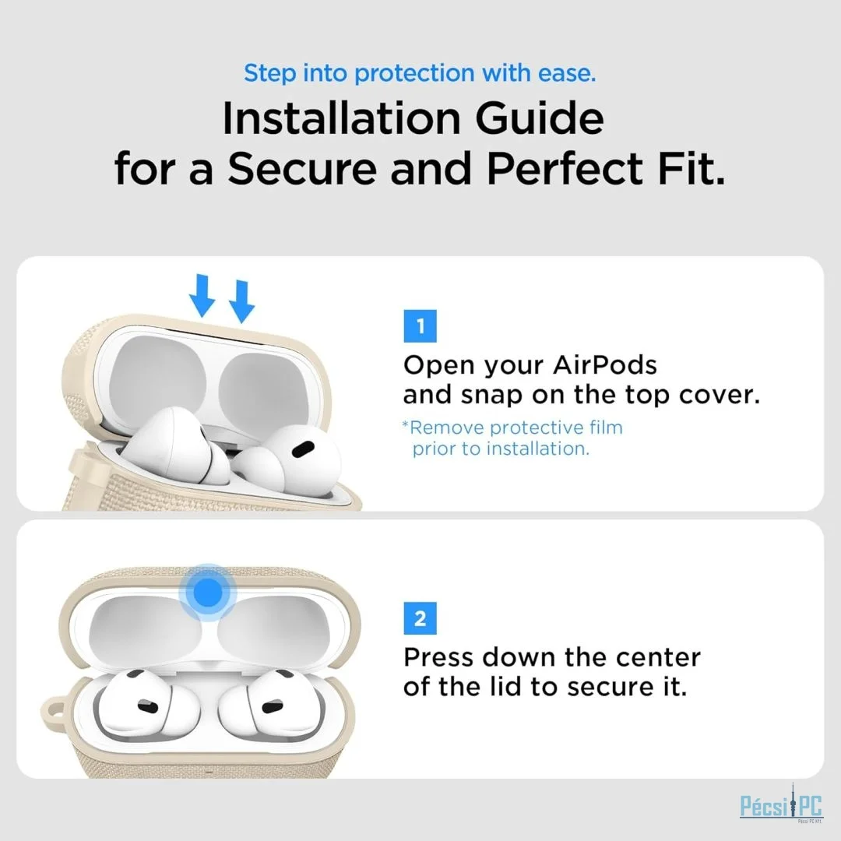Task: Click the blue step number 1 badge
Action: point(420,326)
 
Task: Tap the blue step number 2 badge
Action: point(420,618)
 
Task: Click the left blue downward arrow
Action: point(202,296)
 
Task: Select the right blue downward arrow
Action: point(242,301)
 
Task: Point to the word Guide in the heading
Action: point(540,118)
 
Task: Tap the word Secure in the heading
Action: point(302,168)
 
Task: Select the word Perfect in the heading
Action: point(565,168)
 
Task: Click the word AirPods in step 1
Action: point(605,365)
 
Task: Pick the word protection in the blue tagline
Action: point(415,73)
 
